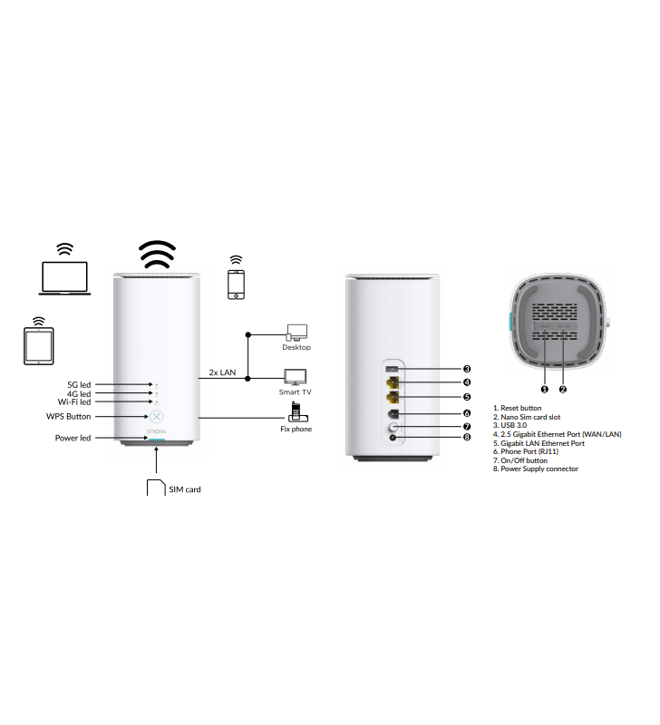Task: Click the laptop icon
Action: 64,278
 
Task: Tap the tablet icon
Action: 39,346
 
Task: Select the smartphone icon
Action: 236,285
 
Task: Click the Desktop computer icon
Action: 296,333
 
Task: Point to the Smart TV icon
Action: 295,377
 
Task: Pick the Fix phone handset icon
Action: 297,412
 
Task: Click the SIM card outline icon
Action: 156,488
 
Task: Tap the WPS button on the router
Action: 157,417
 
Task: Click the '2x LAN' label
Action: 222,372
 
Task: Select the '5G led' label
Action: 79,384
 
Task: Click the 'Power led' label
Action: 73,438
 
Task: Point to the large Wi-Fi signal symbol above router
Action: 157,255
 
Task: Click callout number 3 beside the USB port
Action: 467,369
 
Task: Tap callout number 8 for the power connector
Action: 467,437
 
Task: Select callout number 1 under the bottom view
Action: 545,390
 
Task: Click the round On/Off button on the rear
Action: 393,426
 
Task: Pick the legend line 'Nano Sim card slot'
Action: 527,417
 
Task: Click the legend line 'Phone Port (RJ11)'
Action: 526,451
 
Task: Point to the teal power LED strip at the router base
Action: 157,440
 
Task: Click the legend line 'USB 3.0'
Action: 510,425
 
